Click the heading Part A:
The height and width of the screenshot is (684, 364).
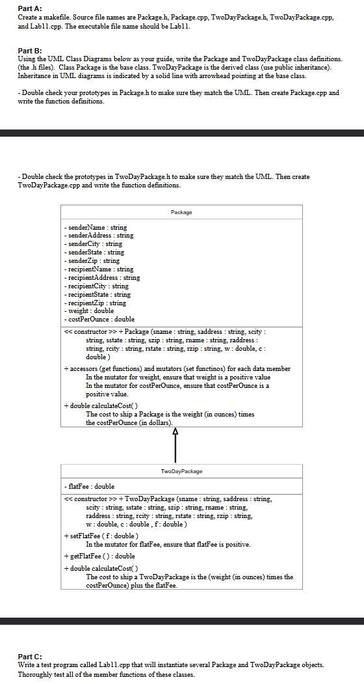point(30,7)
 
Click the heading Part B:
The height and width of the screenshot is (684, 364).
point(30,50)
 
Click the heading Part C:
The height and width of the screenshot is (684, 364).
point(30,656)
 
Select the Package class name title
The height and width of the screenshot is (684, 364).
point(181,212)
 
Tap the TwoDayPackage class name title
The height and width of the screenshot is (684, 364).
point(181,471)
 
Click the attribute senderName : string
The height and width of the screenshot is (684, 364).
point(96,227)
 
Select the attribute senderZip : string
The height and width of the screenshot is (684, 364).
point(92,260)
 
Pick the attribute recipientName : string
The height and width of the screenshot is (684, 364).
point(99,269)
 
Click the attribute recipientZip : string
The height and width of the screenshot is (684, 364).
point(95,302)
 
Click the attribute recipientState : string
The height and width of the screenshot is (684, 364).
point(97,294)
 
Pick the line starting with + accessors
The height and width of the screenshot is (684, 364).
point(176,368)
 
